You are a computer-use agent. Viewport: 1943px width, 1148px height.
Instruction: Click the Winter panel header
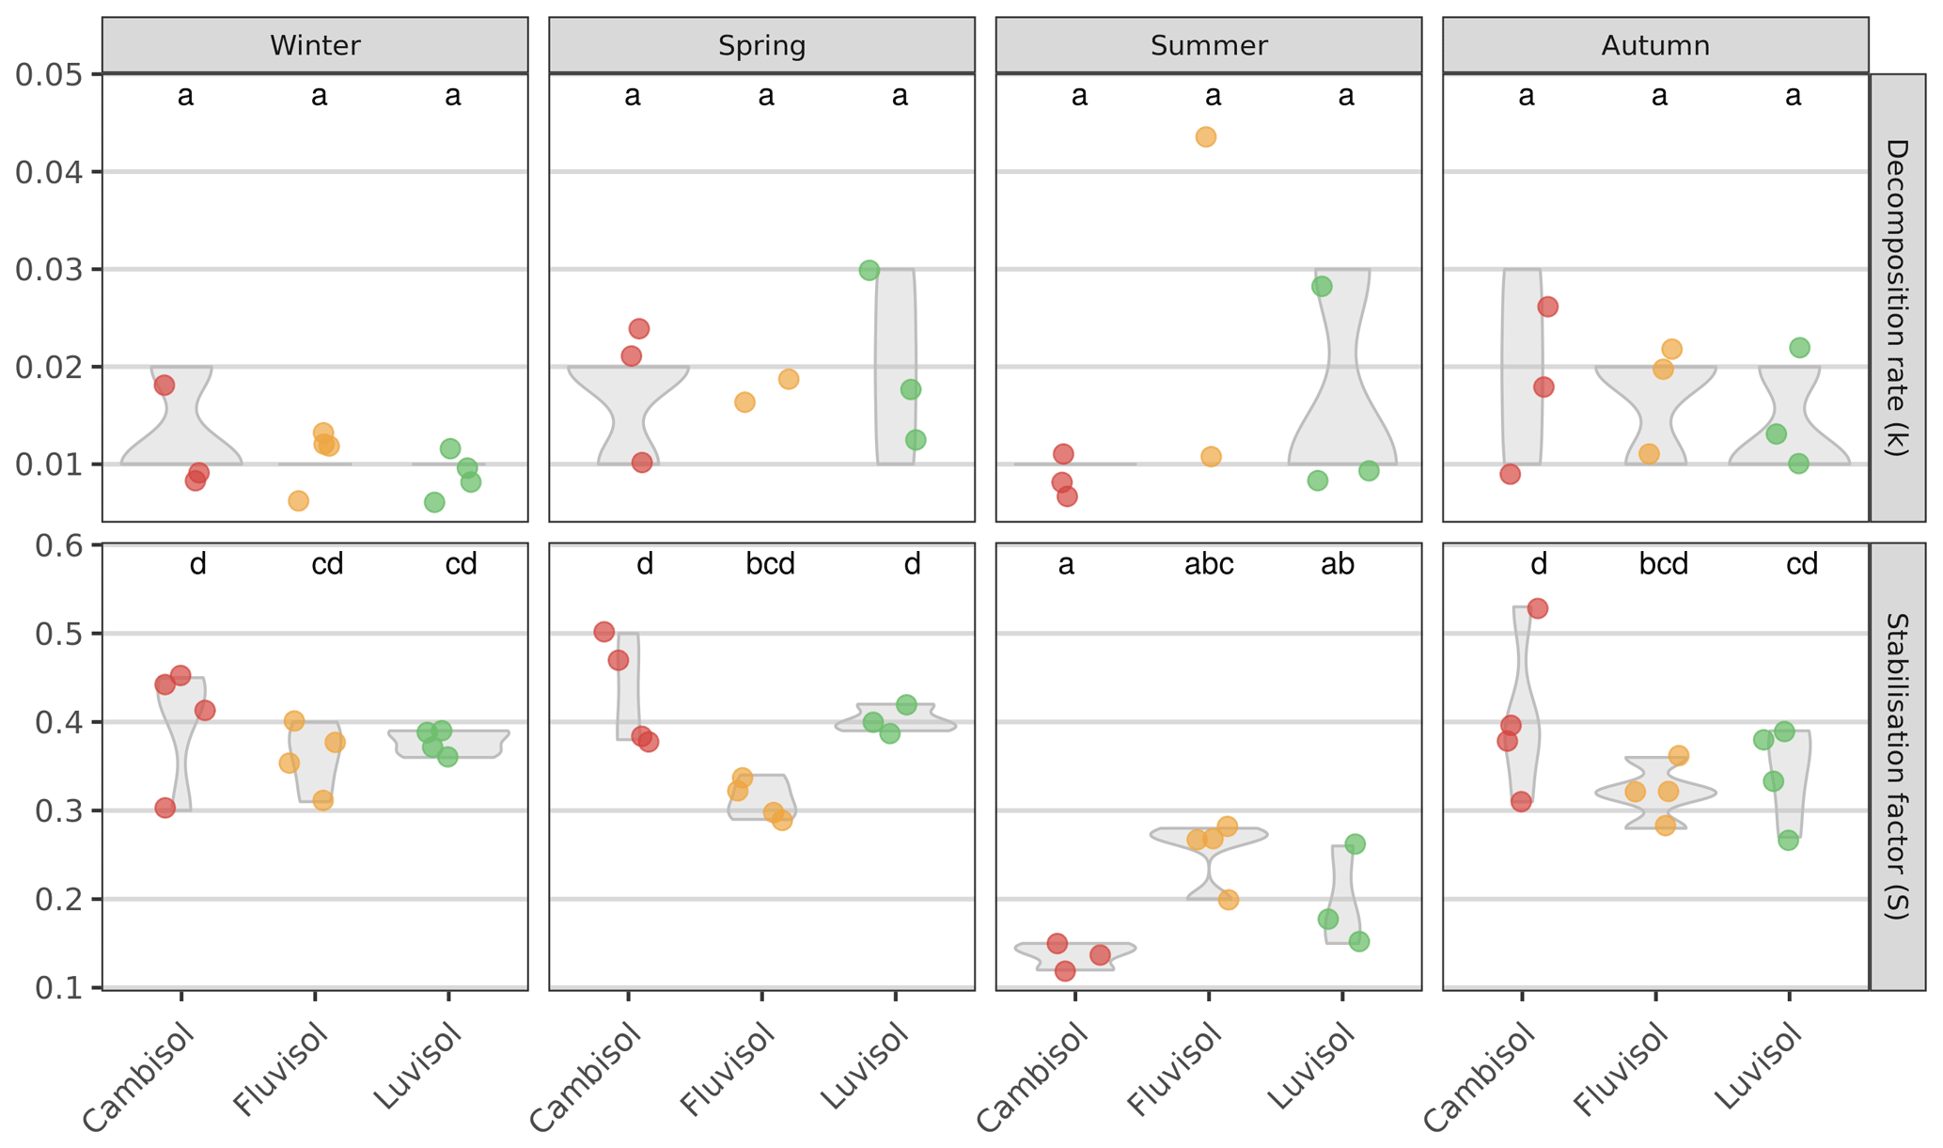(x=315, y=45)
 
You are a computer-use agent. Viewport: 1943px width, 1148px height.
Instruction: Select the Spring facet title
(x=761, y=45)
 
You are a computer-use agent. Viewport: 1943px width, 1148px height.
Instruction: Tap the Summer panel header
(x=1209, y=45)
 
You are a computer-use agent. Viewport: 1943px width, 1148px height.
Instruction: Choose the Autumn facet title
(x=1655, y=45)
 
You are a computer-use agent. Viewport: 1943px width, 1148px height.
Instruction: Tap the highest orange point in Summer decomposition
(x=1206, y=137)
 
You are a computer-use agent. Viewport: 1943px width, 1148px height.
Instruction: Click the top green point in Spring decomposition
(x=870, y=271)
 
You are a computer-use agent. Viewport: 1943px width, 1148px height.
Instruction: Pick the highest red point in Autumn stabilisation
(x=1538, y=608)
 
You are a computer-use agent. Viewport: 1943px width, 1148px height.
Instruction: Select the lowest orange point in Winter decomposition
(x=298, y=500)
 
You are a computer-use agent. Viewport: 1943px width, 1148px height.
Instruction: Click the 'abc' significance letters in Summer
(x=1209, y=564)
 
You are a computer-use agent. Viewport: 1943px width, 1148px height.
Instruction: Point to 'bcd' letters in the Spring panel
(x=770, y=564)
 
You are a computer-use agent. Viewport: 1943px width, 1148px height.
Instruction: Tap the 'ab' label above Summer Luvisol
(x=1338, y=564)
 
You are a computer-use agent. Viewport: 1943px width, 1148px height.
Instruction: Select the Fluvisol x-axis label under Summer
(x=1175, y=1072)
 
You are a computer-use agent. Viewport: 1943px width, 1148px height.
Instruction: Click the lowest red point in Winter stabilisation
(x=165, y=808)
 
